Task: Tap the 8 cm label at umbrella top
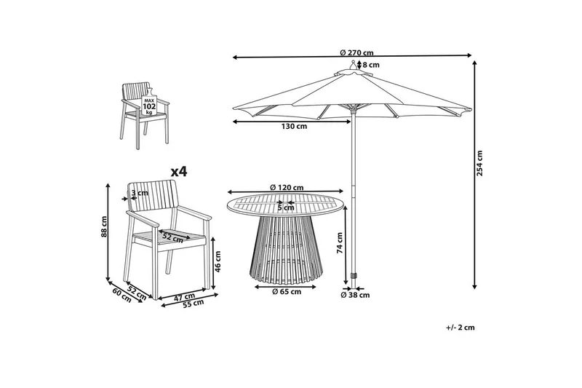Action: point(371,66)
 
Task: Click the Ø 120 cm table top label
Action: point(286,188)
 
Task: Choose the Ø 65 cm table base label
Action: point(286,292)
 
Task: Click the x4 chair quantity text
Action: point(178,172)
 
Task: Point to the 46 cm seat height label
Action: point(217,263)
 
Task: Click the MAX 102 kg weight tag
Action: point(150,106)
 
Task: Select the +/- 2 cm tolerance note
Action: point(461,328)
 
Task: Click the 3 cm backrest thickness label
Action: point(140,193)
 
